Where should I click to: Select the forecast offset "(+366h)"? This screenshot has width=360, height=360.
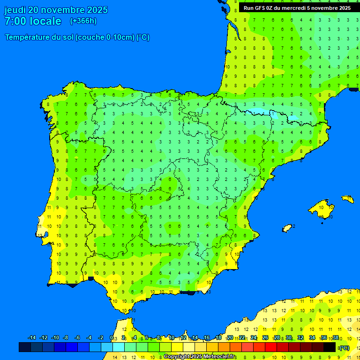pyautogui.click(x=83, y=21)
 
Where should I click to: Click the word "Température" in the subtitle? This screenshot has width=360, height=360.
pyautogui.click(x=28, y=37)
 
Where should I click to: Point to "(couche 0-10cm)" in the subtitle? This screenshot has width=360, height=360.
pyautogui.click(x=105, y=37)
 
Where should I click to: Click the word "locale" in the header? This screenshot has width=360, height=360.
pyautogui.click(x=45, y=21)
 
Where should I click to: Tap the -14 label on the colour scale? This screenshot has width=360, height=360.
pyautogui.click(x=32, y=338)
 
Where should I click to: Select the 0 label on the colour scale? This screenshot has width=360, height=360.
pyautogui.click(x=111, y=338)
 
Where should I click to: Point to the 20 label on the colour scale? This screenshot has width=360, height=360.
pyautogui.click(x=230, y=338)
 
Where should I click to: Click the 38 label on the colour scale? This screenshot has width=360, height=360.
pyautogui.click(x=335, y=338)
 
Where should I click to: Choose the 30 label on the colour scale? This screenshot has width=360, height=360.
pyautogui.click(x=289, y=338)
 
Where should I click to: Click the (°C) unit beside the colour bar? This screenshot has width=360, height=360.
pyautogui.click(x=345, y=347)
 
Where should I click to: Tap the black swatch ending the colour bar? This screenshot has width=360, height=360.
pyautogui.click(x=330, y=347)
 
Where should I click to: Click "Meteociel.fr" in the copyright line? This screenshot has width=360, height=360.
pyautogui.click(x=218, y=357)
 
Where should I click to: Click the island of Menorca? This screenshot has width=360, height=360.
pyautogui.click(x=347, y=199)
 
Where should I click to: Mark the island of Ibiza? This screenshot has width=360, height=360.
pyautogui.click(x=287, y=228)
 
